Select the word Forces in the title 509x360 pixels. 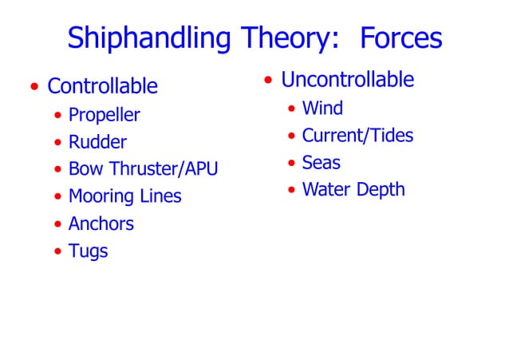point(400,38)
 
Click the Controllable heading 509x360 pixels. point(102,85)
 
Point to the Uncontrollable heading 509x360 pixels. point(347,80)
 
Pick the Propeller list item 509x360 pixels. point(104,115)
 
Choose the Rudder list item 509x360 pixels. point(97,143)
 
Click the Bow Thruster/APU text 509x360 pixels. point(143,169)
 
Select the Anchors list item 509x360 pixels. point(101,224)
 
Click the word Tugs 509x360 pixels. point(88,251)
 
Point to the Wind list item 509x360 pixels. point(322,108)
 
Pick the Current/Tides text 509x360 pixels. point(357,136)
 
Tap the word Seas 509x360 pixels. point(321,163)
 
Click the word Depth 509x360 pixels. point(381,190)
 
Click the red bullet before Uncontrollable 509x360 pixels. point(268,81)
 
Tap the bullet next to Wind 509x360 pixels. point(291,109)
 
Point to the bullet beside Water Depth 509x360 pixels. point(291,191)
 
